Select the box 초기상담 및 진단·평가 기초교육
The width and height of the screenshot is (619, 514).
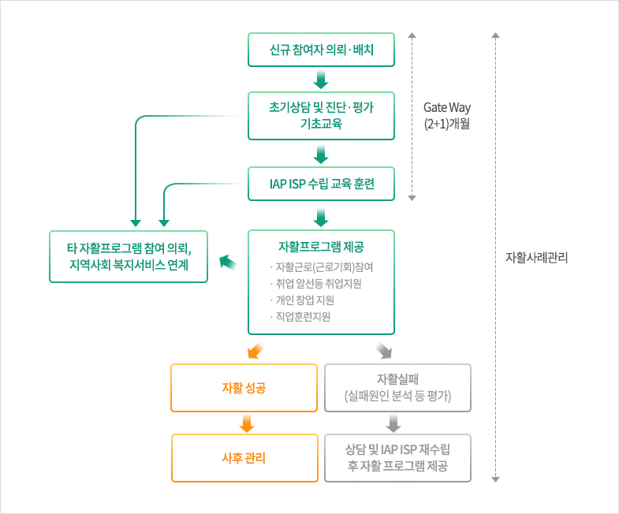click(x=321, y=115)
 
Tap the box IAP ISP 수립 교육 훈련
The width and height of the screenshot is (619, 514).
click(x=321, y=184)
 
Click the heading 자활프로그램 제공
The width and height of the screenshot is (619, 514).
click(x=321, y=246)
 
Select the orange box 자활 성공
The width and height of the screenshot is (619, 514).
click(x=244, y=387)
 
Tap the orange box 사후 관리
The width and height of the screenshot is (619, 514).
click(x=244, y=457)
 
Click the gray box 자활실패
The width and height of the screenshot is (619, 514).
click(x=398, y=387)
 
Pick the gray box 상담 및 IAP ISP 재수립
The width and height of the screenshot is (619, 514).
click(x=398, y=457)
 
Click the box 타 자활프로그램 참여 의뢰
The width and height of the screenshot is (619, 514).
click(x=129, y=256)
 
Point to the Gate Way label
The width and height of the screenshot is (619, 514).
click(x=446, y=115)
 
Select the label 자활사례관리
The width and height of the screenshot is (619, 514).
click(x=536, y=258)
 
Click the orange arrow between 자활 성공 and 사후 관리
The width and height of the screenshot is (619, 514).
click(x=246, y=423)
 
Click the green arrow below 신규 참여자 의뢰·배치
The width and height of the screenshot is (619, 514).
click(x=321, y=80)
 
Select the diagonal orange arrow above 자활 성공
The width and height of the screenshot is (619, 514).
click(x=254, y=350)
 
